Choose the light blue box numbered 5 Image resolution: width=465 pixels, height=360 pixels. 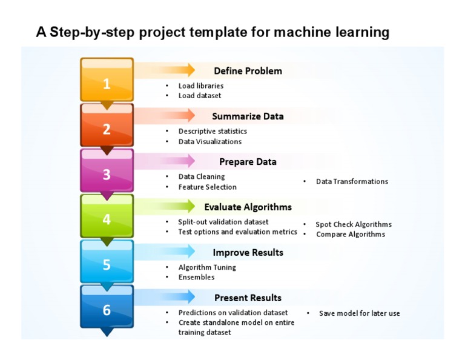pyautogui.click(x=107, y=264)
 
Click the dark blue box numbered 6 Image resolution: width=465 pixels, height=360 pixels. pyautogui.click(x=107, y=309)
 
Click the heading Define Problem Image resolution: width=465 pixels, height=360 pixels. pyautogui.click(x=248, y=71)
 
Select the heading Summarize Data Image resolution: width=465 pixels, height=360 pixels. pyautogui.click(x=248, y=116)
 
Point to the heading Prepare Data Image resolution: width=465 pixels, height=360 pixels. pyautogui.click(x=248, y=162)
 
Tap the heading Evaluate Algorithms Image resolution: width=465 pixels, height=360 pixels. pyautogui.click(x=248, y=207)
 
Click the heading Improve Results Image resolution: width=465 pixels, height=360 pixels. pyautogui.click(x=248, y=252)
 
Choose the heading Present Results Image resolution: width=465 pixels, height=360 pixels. pyautogui.click(x=248, y=298)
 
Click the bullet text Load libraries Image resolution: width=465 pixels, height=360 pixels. pyautogui.click(x=200, y=86)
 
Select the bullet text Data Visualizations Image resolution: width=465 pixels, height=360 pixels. pyautogui.click(x=209, y=142)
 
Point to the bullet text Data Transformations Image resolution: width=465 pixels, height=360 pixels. pyautogui.click(x=352, y=181)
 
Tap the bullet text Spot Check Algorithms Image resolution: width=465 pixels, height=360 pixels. pyautogui.click(x=353, y=224)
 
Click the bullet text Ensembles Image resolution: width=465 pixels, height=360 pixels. pyautogui.click(x=196, y=277)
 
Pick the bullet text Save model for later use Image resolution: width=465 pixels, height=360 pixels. pyautogui.click(x=359, y=313)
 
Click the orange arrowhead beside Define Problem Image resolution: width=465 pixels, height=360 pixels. pyautogui.click(x=190, y=69)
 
